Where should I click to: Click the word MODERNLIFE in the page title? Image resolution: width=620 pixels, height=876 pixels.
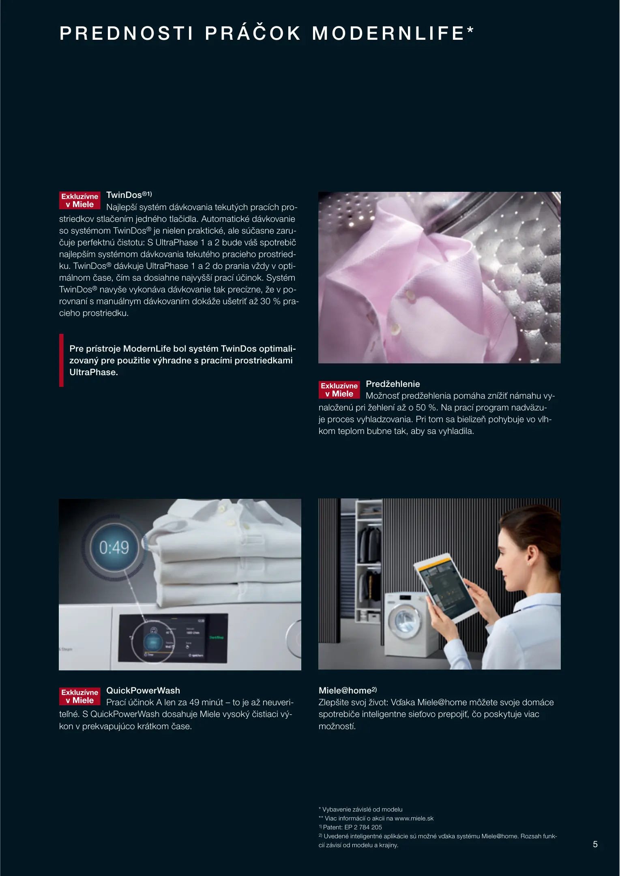tap(388, 33)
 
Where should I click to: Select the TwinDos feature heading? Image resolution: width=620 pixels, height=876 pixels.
tap(129, 195)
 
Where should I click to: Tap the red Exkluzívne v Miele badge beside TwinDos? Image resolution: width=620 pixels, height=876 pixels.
tap(80, 200)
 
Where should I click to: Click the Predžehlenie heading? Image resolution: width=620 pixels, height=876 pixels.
tap(393, 384)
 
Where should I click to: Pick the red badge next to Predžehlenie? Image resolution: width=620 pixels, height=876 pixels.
tap(339, 390)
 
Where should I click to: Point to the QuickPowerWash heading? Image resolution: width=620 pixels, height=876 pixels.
tap(143, 691)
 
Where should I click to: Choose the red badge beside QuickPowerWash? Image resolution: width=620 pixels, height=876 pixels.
tap(80, 696)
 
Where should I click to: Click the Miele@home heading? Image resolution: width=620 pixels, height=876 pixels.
tap(348, 690)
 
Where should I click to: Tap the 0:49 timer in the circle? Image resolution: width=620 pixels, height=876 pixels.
tap(114, 547)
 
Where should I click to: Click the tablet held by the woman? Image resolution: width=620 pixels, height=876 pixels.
tap(445, 588)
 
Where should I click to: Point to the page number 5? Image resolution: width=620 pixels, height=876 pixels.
tap(595, 844)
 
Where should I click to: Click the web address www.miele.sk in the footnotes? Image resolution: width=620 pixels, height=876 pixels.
tap(414, 818)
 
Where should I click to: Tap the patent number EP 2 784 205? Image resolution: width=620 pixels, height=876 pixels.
tap(363, 827)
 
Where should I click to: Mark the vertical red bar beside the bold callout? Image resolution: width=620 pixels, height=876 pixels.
tap(61, 360)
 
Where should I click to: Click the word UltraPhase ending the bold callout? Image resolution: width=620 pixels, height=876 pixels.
tap(93, 372)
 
